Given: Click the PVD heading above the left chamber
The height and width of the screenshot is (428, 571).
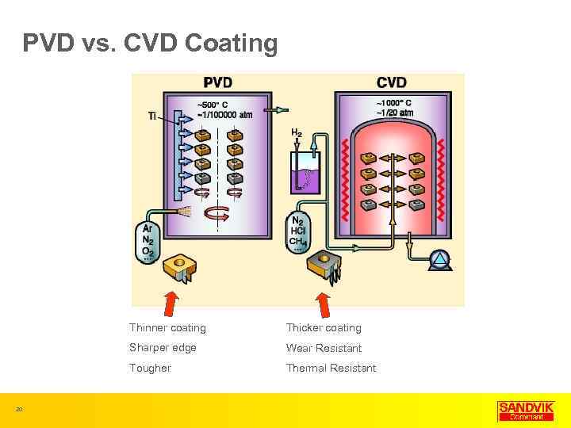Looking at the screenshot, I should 218,82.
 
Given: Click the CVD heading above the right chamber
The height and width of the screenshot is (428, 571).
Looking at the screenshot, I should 392,82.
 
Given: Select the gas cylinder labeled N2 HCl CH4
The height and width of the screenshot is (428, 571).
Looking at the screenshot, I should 297,231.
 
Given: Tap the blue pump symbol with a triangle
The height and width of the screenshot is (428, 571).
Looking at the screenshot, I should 439,260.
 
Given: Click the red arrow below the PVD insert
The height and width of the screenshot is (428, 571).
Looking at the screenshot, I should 171,304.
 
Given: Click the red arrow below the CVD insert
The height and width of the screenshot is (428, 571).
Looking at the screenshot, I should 324,304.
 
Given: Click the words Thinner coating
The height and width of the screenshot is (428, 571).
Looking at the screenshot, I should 167,328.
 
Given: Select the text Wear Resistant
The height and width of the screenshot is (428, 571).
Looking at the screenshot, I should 324,348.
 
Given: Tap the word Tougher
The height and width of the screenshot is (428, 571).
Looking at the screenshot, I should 150,368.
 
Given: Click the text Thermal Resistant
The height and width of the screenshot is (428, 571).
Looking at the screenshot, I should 331,368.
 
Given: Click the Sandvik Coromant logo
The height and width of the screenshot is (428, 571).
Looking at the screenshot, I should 520,411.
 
